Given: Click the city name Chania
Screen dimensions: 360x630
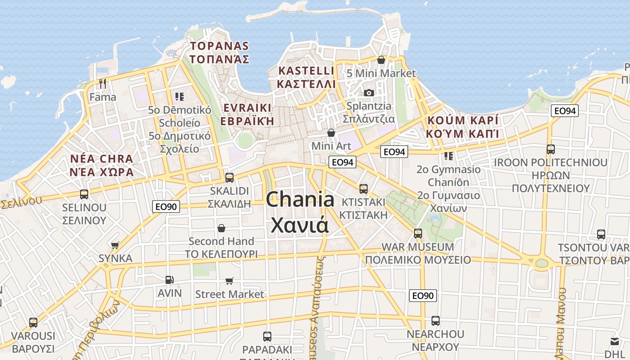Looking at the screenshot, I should [x=300, y=199].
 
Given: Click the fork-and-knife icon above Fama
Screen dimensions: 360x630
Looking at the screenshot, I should [x=103, y=83].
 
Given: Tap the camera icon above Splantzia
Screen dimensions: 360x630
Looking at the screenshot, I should [x=369, y=93].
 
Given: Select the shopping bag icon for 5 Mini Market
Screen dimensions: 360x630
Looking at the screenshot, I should [x=381, y=60].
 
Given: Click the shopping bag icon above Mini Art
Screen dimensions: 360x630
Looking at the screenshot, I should [x=331, y=133].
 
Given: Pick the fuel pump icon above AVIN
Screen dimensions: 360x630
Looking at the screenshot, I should [x=169, y=280].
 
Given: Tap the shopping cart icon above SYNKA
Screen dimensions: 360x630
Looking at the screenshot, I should [x=115, y=245].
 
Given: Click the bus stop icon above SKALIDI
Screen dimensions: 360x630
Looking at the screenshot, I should [x=229, y=177].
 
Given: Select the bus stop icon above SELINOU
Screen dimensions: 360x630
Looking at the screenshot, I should [x=84, y=194].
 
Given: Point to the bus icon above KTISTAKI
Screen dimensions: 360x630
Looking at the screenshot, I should [x=364, y=189].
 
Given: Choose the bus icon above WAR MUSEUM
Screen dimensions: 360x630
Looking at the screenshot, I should [x=418, y=234].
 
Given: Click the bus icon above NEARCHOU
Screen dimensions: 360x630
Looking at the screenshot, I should [x=435, y=321].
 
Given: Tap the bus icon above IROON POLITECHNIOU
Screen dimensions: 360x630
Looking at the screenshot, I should [x=550, y=149].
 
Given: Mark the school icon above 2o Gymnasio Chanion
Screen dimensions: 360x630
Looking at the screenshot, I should [x=448, y=156].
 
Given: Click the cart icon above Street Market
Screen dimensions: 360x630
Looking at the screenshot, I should [x=229, y=281].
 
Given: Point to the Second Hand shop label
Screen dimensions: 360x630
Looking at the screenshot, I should [x=221, y=241].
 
